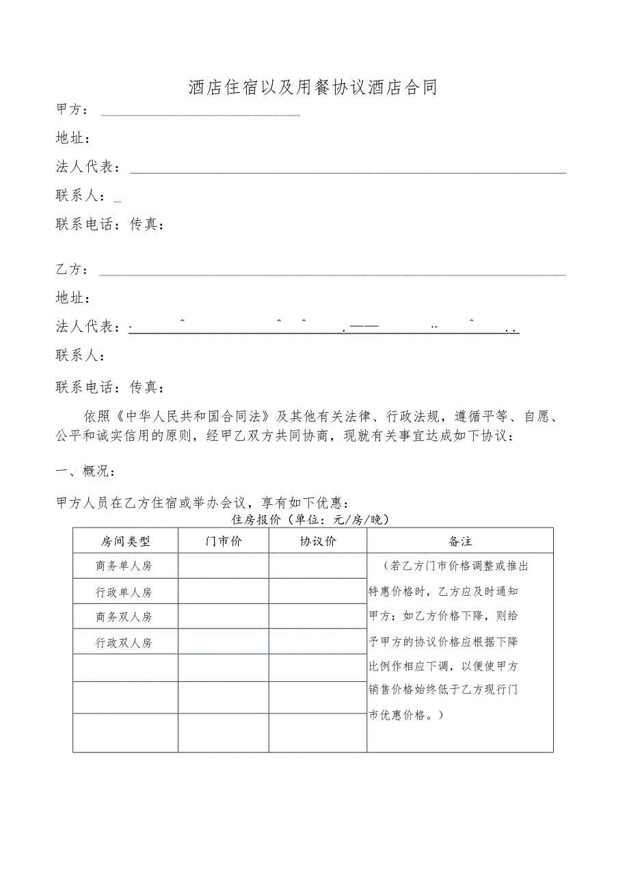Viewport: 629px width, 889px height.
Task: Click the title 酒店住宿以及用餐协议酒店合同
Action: pyautogui.click(x=312, y=87)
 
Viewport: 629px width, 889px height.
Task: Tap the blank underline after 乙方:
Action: pyautogui.click(x=332, y=274)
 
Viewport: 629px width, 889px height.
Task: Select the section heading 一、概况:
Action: pyautogui.click(x=85, y=471)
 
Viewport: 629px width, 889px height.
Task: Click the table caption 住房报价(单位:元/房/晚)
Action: pyautogui.click(x=311, y=520)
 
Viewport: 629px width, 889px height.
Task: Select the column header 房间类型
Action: pyautogui.click(x=125, y=541)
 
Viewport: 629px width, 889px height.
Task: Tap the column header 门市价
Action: pyautogui.click(x=223, y=541)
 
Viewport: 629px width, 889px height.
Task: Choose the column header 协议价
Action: pyautogui.click(x=317, y=541)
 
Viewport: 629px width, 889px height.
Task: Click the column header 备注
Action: pyautogui.click(x=459, y=541)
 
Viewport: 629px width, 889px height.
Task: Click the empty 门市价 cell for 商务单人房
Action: pyautogui.click(x=223, y=566)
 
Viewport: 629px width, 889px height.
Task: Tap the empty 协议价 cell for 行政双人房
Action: pyautogui.click(x=317, y=642)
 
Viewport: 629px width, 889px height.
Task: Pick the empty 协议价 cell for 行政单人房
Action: pyautogui.click(x=317, y=592)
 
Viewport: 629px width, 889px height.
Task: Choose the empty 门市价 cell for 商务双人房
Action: pyautogui.click(x=223, y=617)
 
